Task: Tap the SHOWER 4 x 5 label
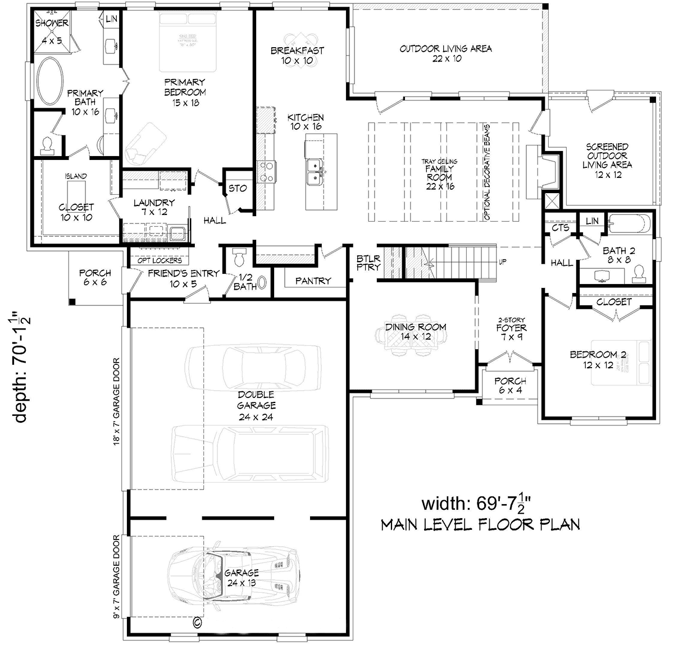coord(52,23)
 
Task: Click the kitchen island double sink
coord(313,171)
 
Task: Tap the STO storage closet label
coord(237,188)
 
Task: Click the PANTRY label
coord(313,281)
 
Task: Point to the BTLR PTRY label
coord(368,263)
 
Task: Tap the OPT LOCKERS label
coord(160,260)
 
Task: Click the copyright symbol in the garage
coord(197,621)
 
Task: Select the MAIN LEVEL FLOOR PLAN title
coord(480,525)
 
